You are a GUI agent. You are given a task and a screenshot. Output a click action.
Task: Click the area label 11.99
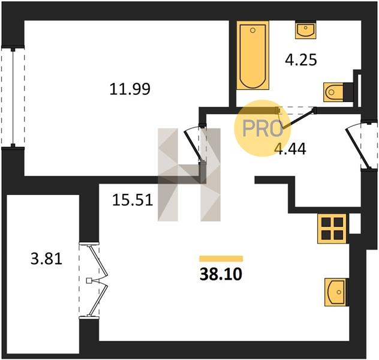[130, 89]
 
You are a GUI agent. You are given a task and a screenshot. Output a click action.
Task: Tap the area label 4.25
[300, 60]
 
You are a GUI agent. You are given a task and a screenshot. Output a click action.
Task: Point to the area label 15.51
[133, 200]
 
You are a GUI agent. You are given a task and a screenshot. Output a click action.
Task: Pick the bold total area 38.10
[221, 274]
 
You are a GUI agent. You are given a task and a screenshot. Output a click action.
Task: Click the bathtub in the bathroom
[253, 55]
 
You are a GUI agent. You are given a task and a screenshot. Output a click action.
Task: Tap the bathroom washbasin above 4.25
[305, 30]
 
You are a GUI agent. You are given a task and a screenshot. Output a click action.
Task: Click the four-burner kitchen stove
[332, 228]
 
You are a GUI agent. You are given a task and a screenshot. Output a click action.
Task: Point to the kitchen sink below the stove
[336, 292]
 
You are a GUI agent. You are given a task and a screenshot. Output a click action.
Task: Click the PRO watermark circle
[263, 128]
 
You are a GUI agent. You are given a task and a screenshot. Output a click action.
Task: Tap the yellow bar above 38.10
[221, 259]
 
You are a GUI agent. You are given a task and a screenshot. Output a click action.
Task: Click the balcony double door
[94, 280]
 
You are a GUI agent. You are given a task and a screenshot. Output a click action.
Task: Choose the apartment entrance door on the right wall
[361, 145]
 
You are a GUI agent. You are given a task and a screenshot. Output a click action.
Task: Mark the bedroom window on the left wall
[13, 97]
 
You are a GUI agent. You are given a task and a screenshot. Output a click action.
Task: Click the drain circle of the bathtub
[253, 30]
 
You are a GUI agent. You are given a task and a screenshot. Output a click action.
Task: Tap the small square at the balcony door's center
[89, 280]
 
